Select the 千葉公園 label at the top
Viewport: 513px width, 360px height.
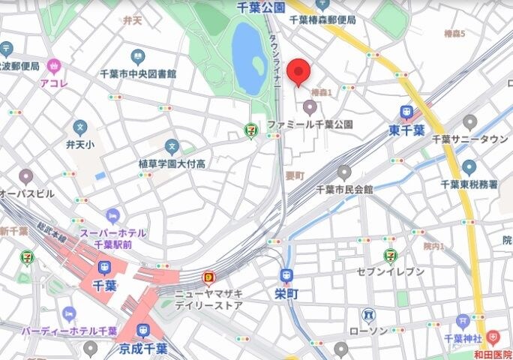point(260,7)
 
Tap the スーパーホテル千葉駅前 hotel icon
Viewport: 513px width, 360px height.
point(112,216)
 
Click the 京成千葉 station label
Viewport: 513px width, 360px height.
point(142,349)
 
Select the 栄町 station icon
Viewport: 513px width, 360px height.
point(286,276)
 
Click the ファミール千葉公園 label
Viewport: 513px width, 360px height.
point(310,123)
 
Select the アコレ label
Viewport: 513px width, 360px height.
point(54,83)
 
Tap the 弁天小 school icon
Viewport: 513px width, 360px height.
point(79,127)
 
